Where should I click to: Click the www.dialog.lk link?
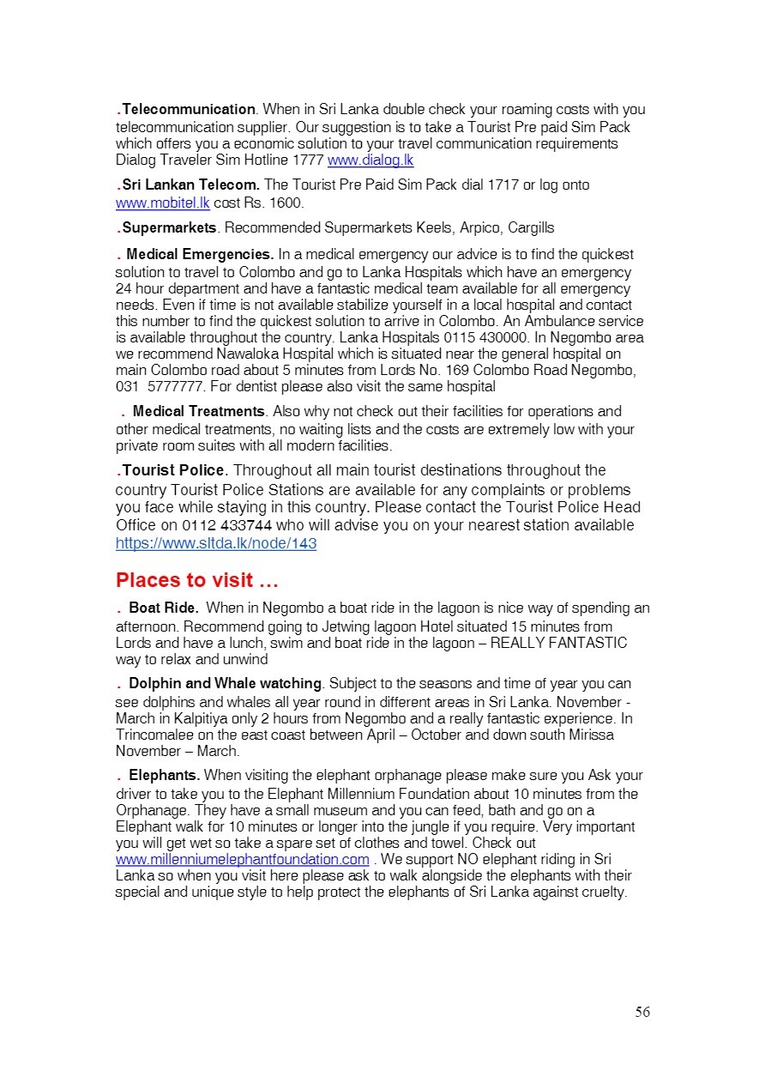370,160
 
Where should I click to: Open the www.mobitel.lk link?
163,203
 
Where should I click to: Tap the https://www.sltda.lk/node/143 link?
216,544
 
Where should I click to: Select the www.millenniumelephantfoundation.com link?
243,860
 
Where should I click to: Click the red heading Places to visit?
197,581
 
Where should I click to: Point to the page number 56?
642,1013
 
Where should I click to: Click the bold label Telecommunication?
189,110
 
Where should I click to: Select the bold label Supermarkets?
169,228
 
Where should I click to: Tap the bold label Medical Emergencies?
200,255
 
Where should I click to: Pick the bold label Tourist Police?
175,470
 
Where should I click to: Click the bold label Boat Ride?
163,608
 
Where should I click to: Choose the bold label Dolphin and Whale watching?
225,684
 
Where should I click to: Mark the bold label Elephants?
164,776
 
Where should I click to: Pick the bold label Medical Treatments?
198,412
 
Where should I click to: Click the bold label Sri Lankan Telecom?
190,185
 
